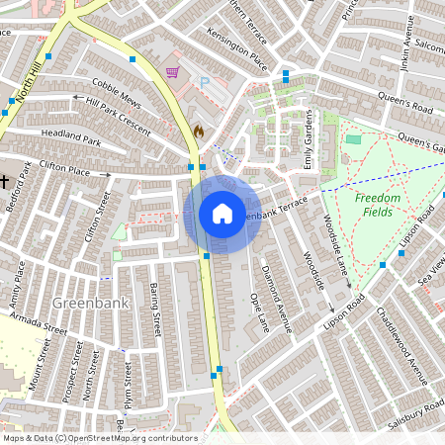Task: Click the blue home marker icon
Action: click(222, 214)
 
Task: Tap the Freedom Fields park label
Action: click(378, 205)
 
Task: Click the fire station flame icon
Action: click(199, 131)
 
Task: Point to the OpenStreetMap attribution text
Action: click(99, 438)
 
